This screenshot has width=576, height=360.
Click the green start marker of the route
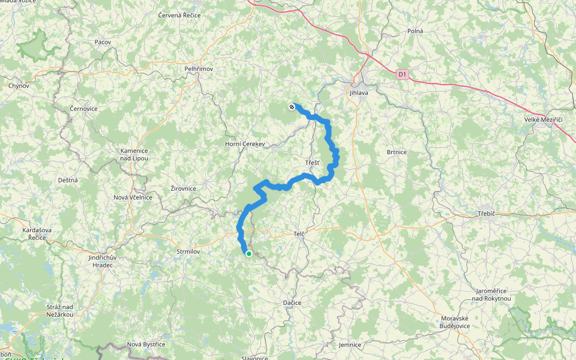tap(248, 254)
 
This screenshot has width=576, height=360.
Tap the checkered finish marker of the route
tap(292, 107)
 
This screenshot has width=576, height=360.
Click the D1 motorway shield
tap(402, 74)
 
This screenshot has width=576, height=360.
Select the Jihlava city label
tap(359, 93)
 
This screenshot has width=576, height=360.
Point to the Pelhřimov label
tap(199, 69)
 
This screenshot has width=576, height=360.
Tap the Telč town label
tap(299, 233)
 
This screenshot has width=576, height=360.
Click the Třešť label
tap(313, 163)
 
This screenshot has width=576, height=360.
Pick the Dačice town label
tap(292, 302)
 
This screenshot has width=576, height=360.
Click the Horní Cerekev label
tap(245, 144)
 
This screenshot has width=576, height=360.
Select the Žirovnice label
tap(184, 188)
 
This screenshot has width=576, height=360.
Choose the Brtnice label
tap(397, 152)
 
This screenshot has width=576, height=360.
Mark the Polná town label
tap(415, 31)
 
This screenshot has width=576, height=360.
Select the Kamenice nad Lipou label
tap(133, 154)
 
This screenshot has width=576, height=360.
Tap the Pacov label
tap(103, 42)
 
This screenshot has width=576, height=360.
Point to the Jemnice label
tap(350, 345)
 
